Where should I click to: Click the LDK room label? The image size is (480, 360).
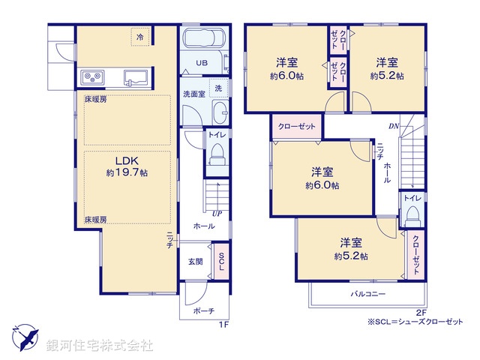point(124,160)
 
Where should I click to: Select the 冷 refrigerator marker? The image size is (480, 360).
point(140,35)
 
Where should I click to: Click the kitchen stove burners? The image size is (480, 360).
point(92,76)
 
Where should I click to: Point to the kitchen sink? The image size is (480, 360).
point(135,76)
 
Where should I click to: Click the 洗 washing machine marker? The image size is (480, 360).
point(217,88)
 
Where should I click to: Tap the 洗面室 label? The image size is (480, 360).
point(194,94)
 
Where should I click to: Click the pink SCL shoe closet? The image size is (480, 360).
point(221,261)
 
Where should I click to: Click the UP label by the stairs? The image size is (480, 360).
point(217,214)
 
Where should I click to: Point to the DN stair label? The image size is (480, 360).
point(393,126)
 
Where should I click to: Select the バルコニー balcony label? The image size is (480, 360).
point(367,294)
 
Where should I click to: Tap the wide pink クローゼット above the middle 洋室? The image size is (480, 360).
point(297,126)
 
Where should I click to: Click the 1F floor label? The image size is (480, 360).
point(223,323)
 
